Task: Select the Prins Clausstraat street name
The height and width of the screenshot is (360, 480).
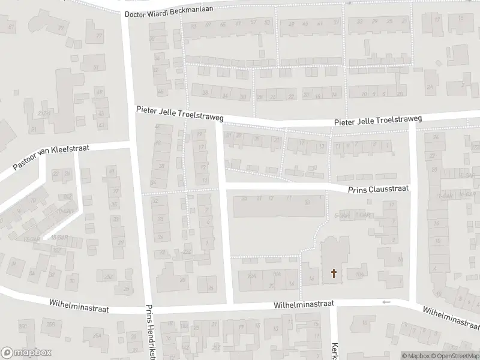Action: [379, 188]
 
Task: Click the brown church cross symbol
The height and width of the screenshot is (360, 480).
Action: [334, 274]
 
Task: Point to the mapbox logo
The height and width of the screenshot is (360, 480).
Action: [26, 353]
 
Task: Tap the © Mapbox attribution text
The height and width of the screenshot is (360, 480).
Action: [415, 356]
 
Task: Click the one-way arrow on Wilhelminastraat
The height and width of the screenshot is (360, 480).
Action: [386, 302]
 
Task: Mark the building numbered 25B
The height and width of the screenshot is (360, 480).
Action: [50, 325]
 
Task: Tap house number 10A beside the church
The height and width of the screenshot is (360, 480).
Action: [359, 275]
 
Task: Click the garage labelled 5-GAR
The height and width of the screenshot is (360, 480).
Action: [342, 214]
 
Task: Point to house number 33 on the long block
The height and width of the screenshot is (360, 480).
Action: [307, 202]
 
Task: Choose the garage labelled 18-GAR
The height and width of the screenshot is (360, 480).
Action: [58, 238]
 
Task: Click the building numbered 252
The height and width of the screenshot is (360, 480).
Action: [109, 277]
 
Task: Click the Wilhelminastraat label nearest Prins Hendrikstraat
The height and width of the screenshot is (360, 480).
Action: [80, 309]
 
